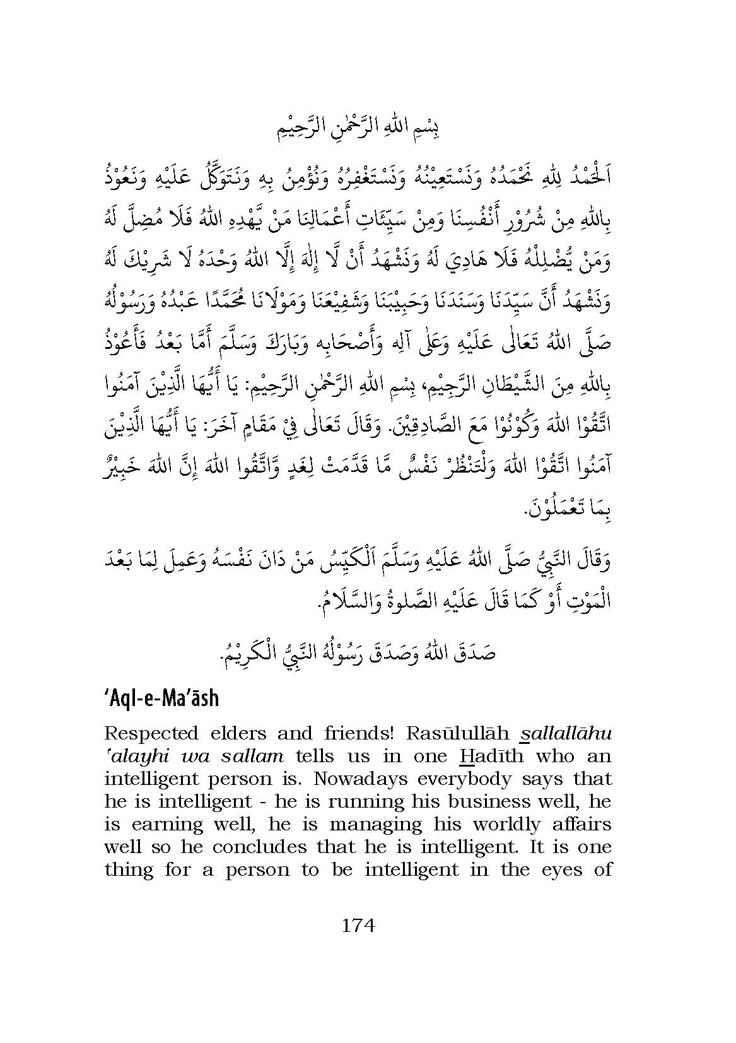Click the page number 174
pyautogui.click(x=358, y=926)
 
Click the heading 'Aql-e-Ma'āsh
pyautogui.click(x=161, y=698)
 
